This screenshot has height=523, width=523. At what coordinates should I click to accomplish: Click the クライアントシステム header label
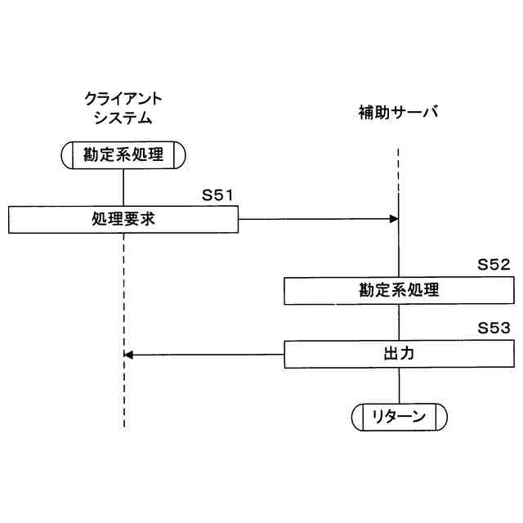[x=123, y=108]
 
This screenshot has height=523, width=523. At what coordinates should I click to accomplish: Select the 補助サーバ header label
[x=398, y=112]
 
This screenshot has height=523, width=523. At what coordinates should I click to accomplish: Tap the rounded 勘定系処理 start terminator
[x=123, y=154]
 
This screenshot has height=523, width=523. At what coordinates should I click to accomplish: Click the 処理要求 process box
[x=123, y=219]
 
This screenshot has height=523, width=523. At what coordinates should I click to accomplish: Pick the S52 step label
[x=494, y=266]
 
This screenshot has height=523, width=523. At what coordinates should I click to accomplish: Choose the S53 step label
[x=494, y=329]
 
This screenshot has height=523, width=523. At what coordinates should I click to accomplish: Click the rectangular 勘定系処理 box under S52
[x=399, y=290]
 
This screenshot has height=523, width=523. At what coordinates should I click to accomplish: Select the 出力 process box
[x=399, y=354]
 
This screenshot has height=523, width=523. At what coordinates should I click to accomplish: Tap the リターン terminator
[x=399, y=417]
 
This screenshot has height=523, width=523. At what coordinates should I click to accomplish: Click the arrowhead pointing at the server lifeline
[x=394, y=219]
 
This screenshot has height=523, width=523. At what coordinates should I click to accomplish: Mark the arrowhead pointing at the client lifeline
[x=128, y=354]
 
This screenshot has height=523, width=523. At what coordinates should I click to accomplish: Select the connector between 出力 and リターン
[x=399, y=385]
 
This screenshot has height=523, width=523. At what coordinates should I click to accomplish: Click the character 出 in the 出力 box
[x=391, y=354]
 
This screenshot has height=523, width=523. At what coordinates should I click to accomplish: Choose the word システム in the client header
[x=123, y=118]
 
